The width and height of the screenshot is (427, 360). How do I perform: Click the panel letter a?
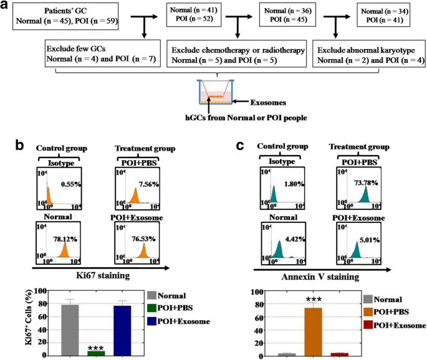[7, 7]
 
